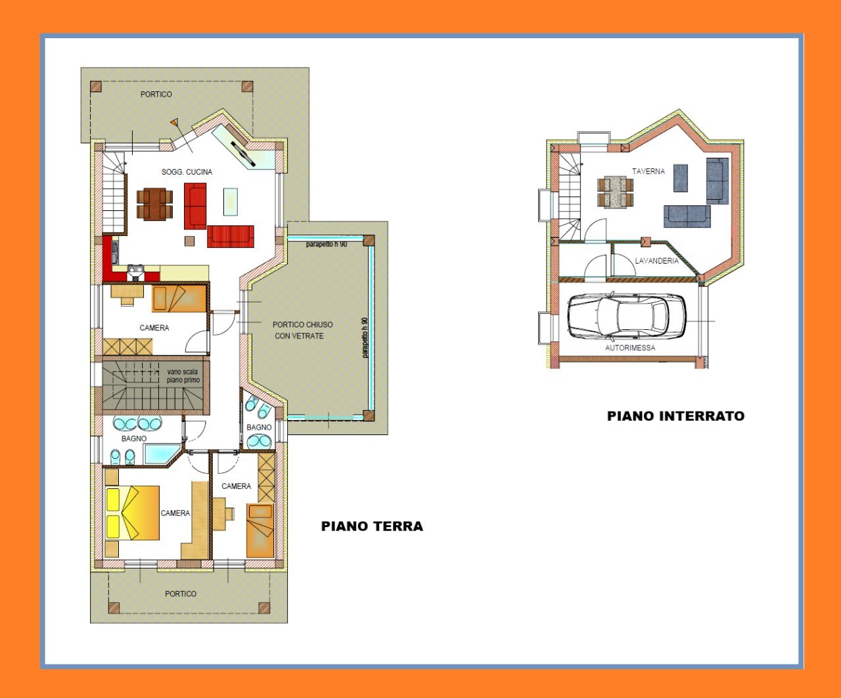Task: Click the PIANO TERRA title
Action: pyautogui.click(x=372, y=526)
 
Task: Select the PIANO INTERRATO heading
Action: pyautogui.click(x=675, y=415)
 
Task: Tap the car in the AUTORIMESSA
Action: pyautogui.click(x=626, y=316)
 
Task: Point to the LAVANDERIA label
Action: pyautogui.click(x=656, y=261)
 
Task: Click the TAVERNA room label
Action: pyautogui.click(x=648, y=171)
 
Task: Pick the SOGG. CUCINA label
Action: pyautogui.click(x=187, y=172)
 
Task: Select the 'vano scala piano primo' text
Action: pyautogui.click(x=183, y=376)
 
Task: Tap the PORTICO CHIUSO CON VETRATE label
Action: pyautogui.click(x=302, y=330)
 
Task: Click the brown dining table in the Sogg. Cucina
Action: pyautogui.click(x=155, y=204)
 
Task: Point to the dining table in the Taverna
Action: pyautogui.click(x=616, y=191)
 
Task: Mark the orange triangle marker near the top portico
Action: pyautogui.click(x=174, y=122)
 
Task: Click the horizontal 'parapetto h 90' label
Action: pyautogui.click(x=327, y=244)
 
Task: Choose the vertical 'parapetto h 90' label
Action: pyautogui.click(x=364, y=337)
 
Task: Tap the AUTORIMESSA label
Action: pyautogui.click(x=629, y=348)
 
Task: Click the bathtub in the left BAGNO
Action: pyautogui.click(x=161, y=454)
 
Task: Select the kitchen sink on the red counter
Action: pyautogui.click(x=136, y=269)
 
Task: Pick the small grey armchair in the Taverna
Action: pyautogui.click(x=680, y=178)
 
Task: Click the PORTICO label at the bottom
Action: pyautogui.click(x=181, y=593)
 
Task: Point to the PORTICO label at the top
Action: pyautogui.click(x=156, y=94)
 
